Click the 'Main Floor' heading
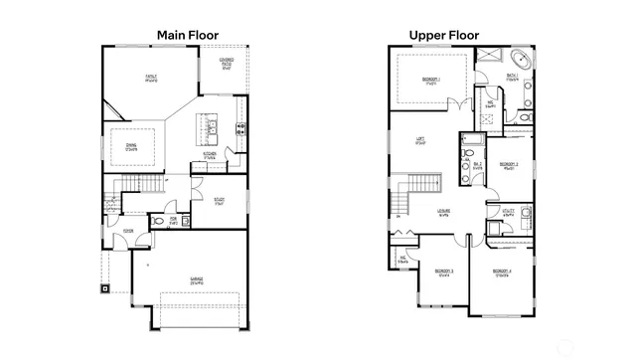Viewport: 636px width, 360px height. click(x=188, y=35)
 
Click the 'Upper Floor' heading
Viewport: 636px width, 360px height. click(x=444, y=35)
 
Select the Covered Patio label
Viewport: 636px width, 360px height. click(x=227, y=67)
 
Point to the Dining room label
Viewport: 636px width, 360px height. click(x=132, y=147)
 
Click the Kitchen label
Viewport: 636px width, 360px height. click(x=210, y=154)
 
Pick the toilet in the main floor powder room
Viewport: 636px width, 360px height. click(x=156, y=221)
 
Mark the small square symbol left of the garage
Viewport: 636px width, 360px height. click(x=104, y=290)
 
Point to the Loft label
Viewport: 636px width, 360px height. click(x=420, y=141)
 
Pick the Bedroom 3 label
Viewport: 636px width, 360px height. click(x=444, y=271)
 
